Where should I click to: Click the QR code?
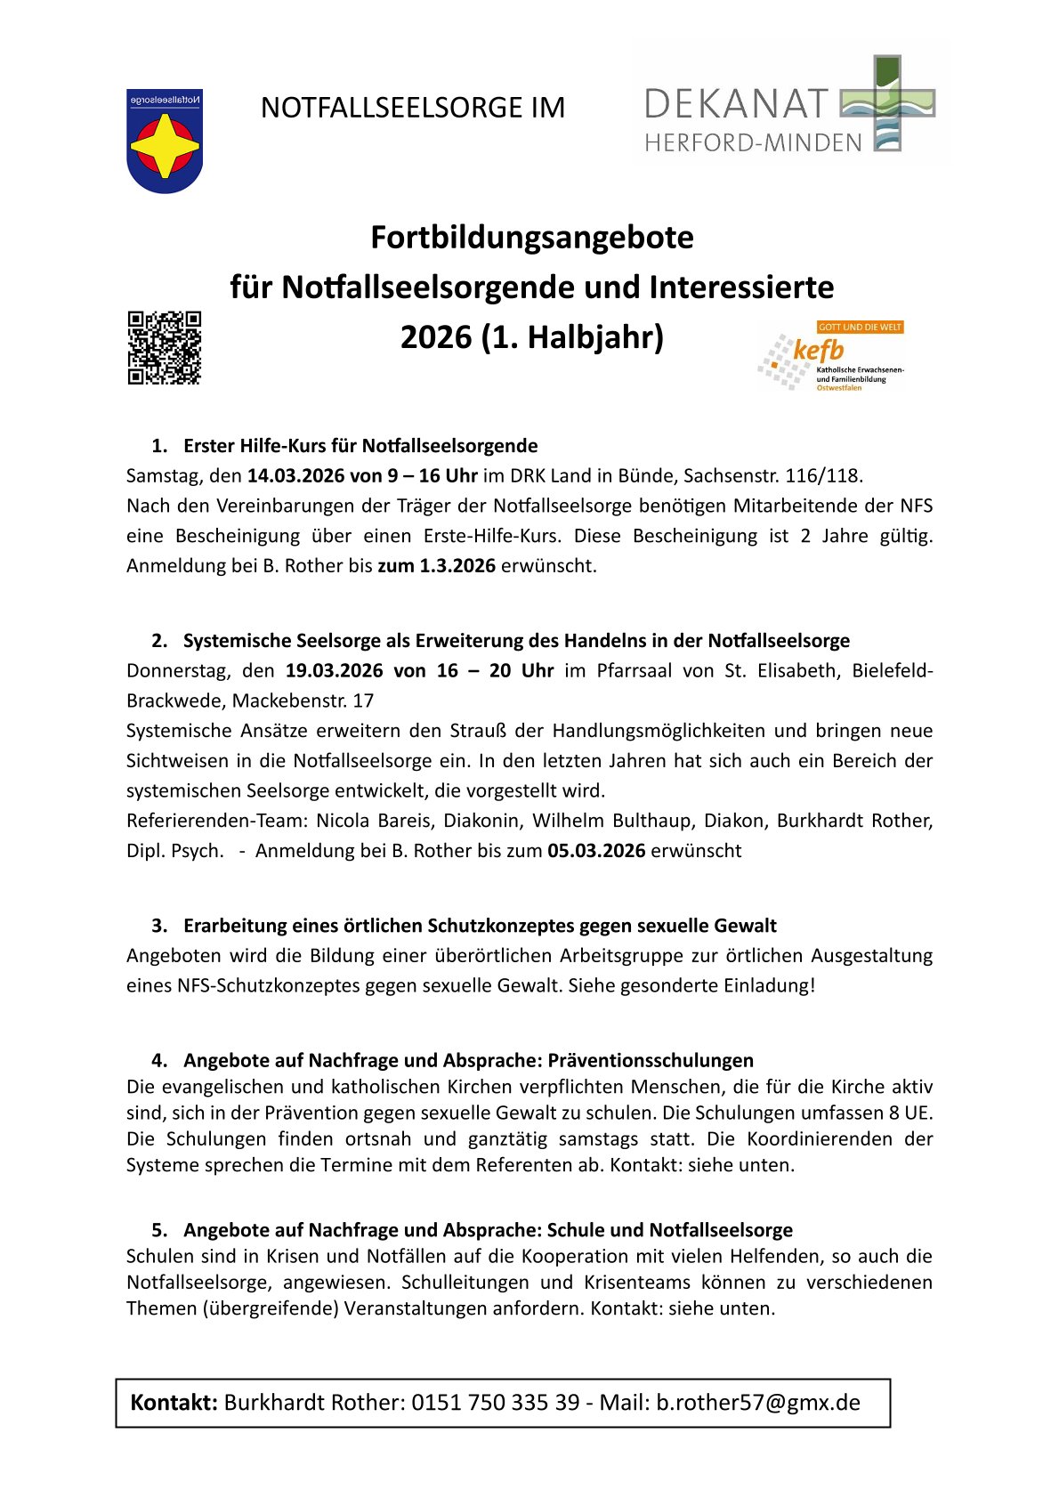click(165, 348)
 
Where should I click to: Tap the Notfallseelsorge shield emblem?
click(165, 142)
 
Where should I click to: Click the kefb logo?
click(831, 357)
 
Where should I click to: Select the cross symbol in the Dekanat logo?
click(887, 103)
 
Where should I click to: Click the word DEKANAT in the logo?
click(736, 104)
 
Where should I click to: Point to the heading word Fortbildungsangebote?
click(531, 238)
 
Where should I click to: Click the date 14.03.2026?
click(295, 475)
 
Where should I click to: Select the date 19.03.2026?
click(334, 670)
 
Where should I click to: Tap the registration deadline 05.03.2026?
click(596, 850)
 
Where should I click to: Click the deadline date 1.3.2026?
click(457, 565)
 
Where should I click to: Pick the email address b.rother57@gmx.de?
click(758, 1402)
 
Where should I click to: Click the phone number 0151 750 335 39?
click(495, 1402)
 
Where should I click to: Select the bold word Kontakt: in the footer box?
click(174, 1402)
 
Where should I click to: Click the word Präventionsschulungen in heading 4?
click(651, 1060)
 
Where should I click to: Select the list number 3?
click(159, 926)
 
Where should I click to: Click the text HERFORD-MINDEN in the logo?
click(753, 142)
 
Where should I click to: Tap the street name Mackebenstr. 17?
click(303, 700)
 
